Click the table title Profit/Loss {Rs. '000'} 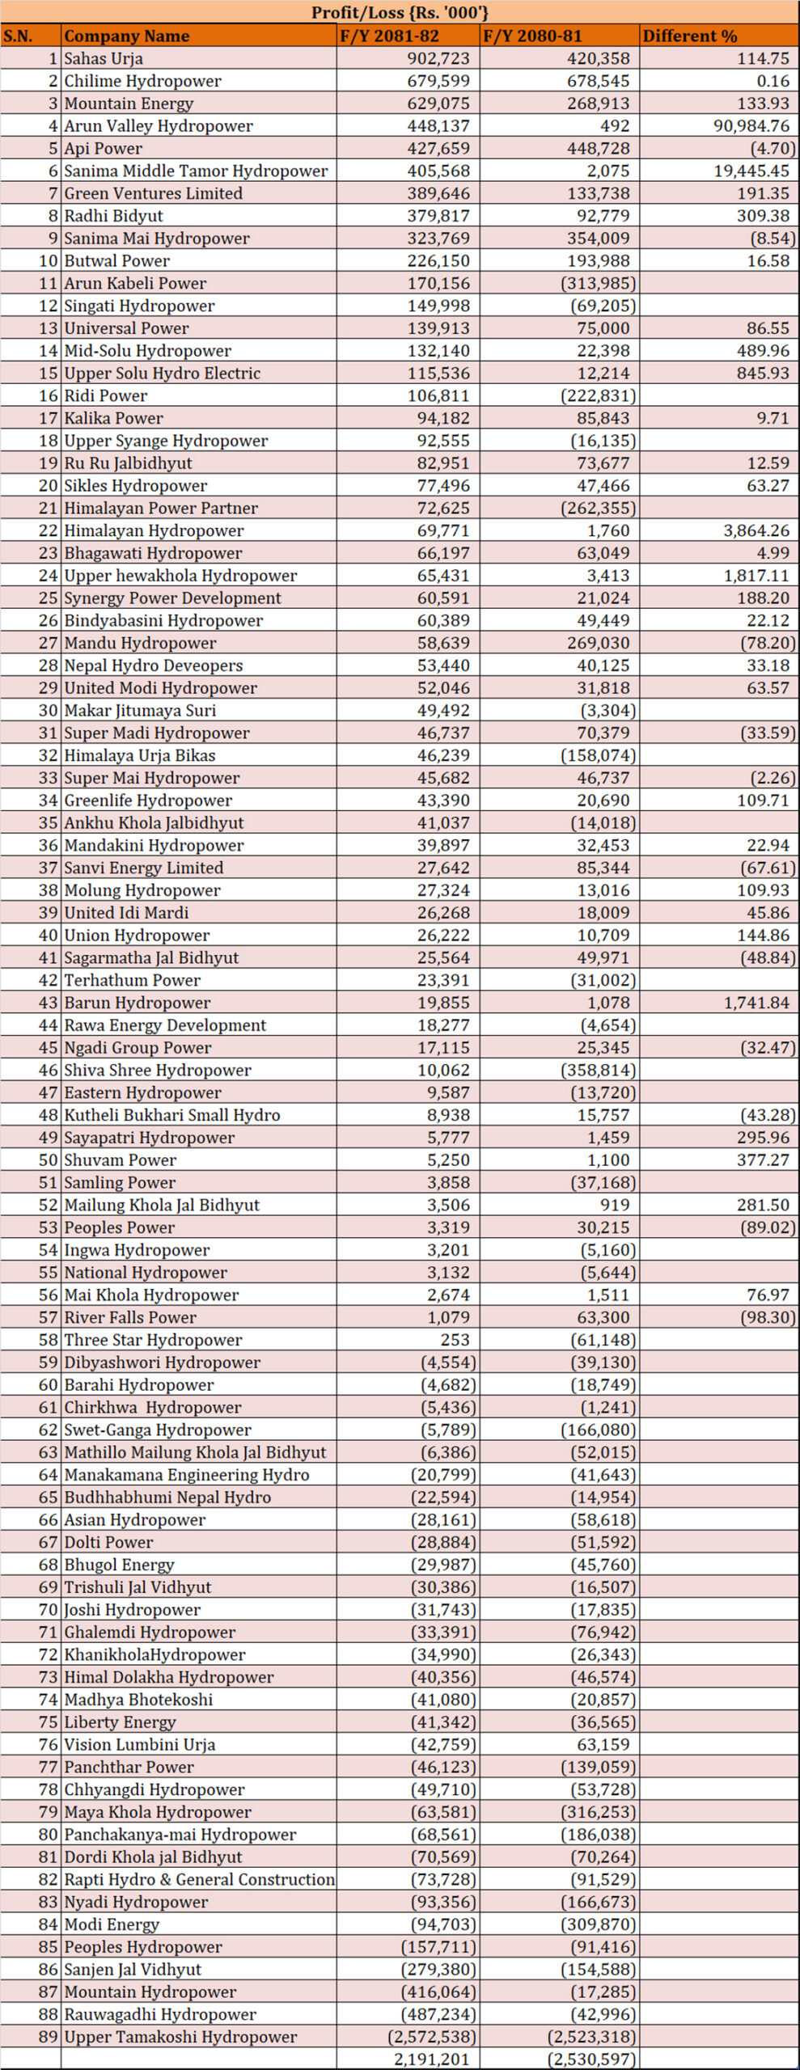pyautogui.click(x=400, y=12)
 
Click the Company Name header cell pyautogui.click(x=127, y=36)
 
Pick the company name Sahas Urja pyautogui.click(x=104, y=58)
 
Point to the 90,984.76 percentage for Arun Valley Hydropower pyautogui.click(x=751, y=125)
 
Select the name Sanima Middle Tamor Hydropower pyautogui.click(x=196, y=171)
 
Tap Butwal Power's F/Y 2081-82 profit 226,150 pyautogui.click(x=438, y=260)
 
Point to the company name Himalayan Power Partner pyautogui.click(x=161, y=508)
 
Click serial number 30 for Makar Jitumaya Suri pyautogui.click(x=49, y=710)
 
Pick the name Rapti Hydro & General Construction pyautogui.click(x=199, y=1879)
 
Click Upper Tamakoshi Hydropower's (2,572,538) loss pyautogui.click(x=432, y=2036)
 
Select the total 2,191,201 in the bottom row pyautogui.click(x=431, y=2059)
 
